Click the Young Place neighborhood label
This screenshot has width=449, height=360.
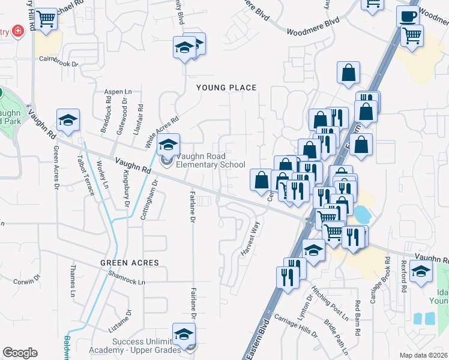tap(227, 88)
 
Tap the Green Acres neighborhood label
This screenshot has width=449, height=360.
tap(130, 263)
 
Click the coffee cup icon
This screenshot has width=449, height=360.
tap(408, 16)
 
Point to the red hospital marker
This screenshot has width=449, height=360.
tap(18, 31)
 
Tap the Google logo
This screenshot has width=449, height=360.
tap(20, 352)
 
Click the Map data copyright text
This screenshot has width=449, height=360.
tap(424, 355)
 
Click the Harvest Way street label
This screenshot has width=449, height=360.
tap(252, 239)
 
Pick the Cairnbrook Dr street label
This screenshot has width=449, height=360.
tap(59, 61)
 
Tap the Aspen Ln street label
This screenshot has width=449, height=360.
tap(118, 91)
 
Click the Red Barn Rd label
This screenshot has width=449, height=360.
tap(358, 311)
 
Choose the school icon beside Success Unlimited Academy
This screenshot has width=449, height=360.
tap(184, 335)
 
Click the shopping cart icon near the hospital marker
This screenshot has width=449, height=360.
tap(46, 20)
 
